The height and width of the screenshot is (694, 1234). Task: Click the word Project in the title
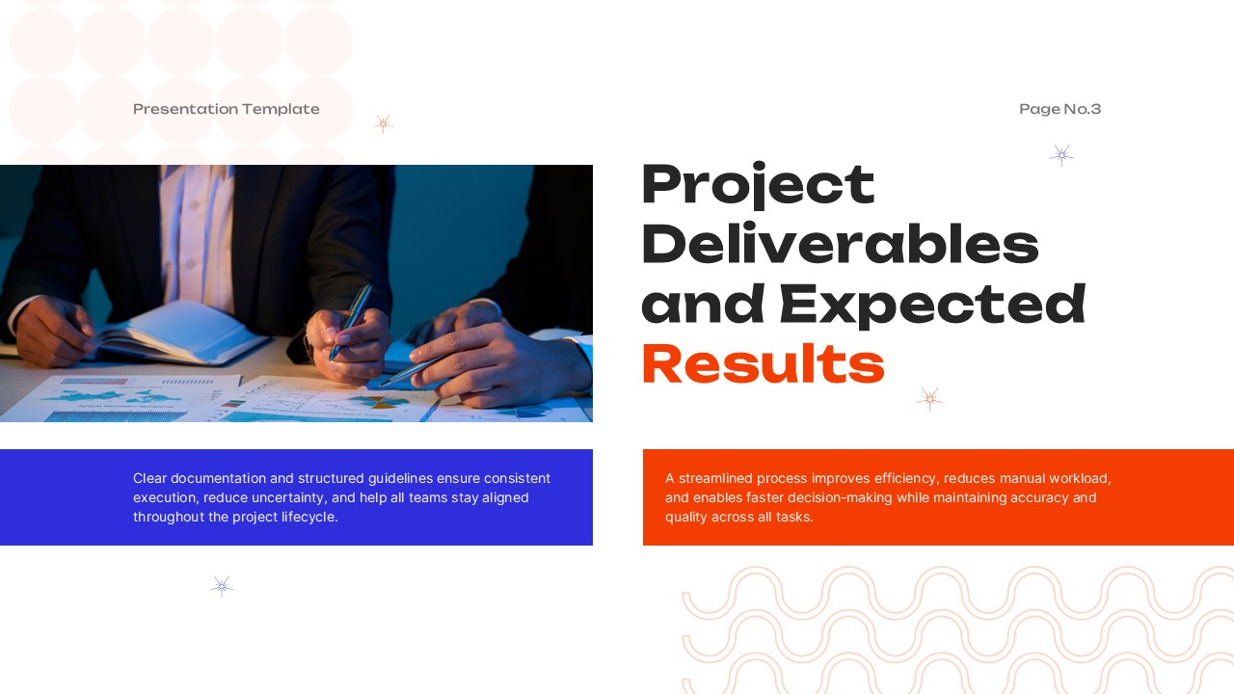pyautogui.click(x=758, y=185)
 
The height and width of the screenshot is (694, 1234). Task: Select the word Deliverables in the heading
pyautogui.click(x=840, y=245)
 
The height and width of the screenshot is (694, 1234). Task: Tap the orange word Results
pyautogui.click(x=763, y=364)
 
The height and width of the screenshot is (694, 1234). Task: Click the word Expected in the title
pyautogui.click(x=932, y=304)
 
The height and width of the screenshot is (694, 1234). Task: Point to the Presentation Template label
pyautogui.click(x=226, y=109)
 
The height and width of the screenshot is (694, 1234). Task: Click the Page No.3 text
pyautogui.click(x=1060, y=109)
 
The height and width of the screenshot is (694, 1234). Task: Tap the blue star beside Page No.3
pyautogui.click(x=1061, y=155)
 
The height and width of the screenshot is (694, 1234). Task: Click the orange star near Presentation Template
pyautogui.click(x=383, y=123)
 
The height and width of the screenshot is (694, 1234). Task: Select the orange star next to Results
pyautogui.click(x=929, y=399)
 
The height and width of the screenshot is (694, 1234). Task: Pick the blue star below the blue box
pyautogui.click(x=222, y=586)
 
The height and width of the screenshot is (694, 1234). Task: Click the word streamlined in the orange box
pyautogui.click(x=715, y=478)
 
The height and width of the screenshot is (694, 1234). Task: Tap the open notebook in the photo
pyautogui.click(x=183, y=333)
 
